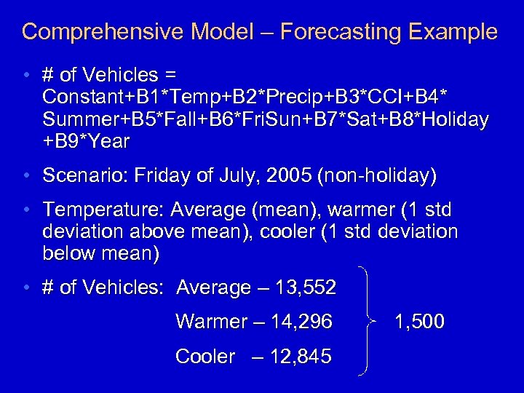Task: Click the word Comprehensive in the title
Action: [102, 33]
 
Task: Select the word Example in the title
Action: [451, 33]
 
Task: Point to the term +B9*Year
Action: [86, 142]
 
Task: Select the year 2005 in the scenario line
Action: [286, 175]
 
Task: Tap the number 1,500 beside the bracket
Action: [418, 322]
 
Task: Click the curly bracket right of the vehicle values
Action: [367, 321]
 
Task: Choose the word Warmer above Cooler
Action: [212, 322]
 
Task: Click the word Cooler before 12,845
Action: [206, 357]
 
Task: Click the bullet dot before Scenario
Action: [26, 175]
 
